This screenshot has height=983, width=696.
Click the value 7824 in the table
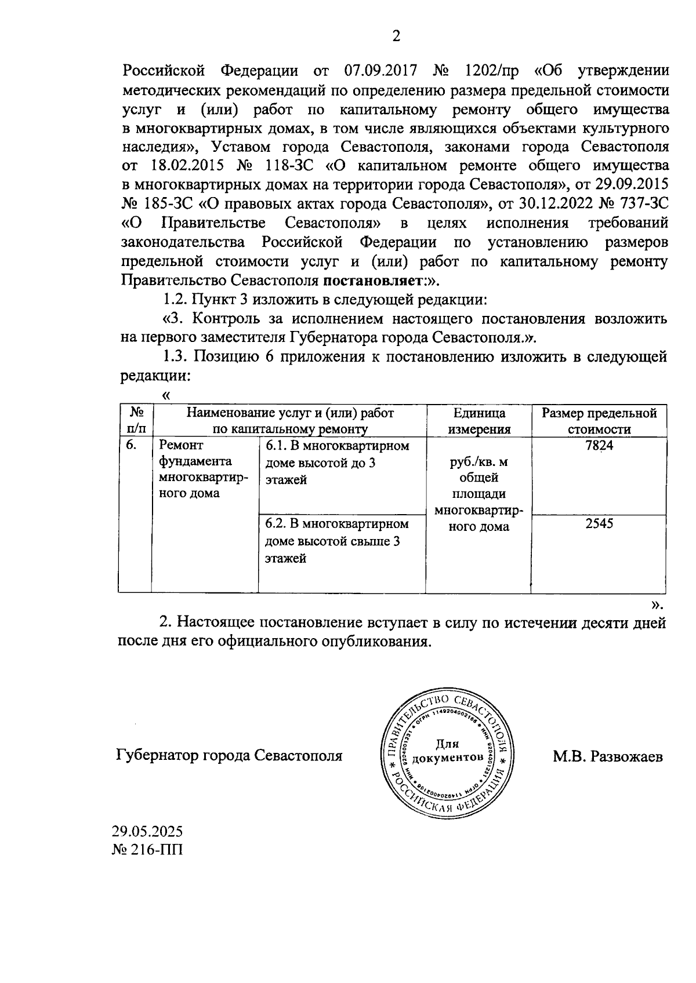coord(599,446)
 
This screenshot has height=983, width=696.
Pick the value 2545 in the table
coord(599,524)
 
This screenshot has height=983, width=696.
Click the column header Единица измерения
coord(478,421)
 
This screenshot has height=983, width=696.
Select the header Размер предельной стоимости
coord(599,421)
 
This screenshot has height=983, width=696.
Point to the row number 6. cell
coord(132,446)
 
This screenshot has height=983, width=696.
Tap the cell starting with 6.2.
coord(337,541)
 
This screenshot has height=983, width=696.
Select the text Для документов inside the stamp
coord(447,751)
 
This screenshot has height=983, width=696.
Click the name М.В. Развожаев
coord(607,756)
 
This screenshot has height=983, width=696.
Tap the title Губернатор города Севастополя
coord(230,756)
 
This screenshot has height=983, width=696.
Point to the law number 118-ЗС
coord(288,166)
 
